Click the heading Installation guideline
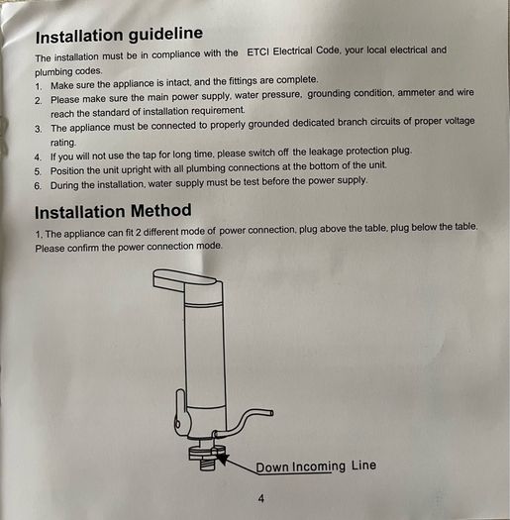pos(119,35)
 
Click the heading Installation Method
pos(113,211)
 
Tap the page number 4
pos(261,498)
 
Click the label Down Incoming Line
pos(316,466)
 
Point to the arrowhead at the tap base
pos(223,458)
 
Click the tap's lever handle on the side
pos(180,412)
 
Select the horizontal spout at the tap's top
pos(186,278)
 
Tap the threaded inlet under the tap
pos(208,463)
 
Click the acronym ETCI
pos(258,52)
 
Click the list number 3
pos(39,129)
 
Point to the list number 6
pos(38,186)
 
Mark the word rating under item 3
pos(63,143)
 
